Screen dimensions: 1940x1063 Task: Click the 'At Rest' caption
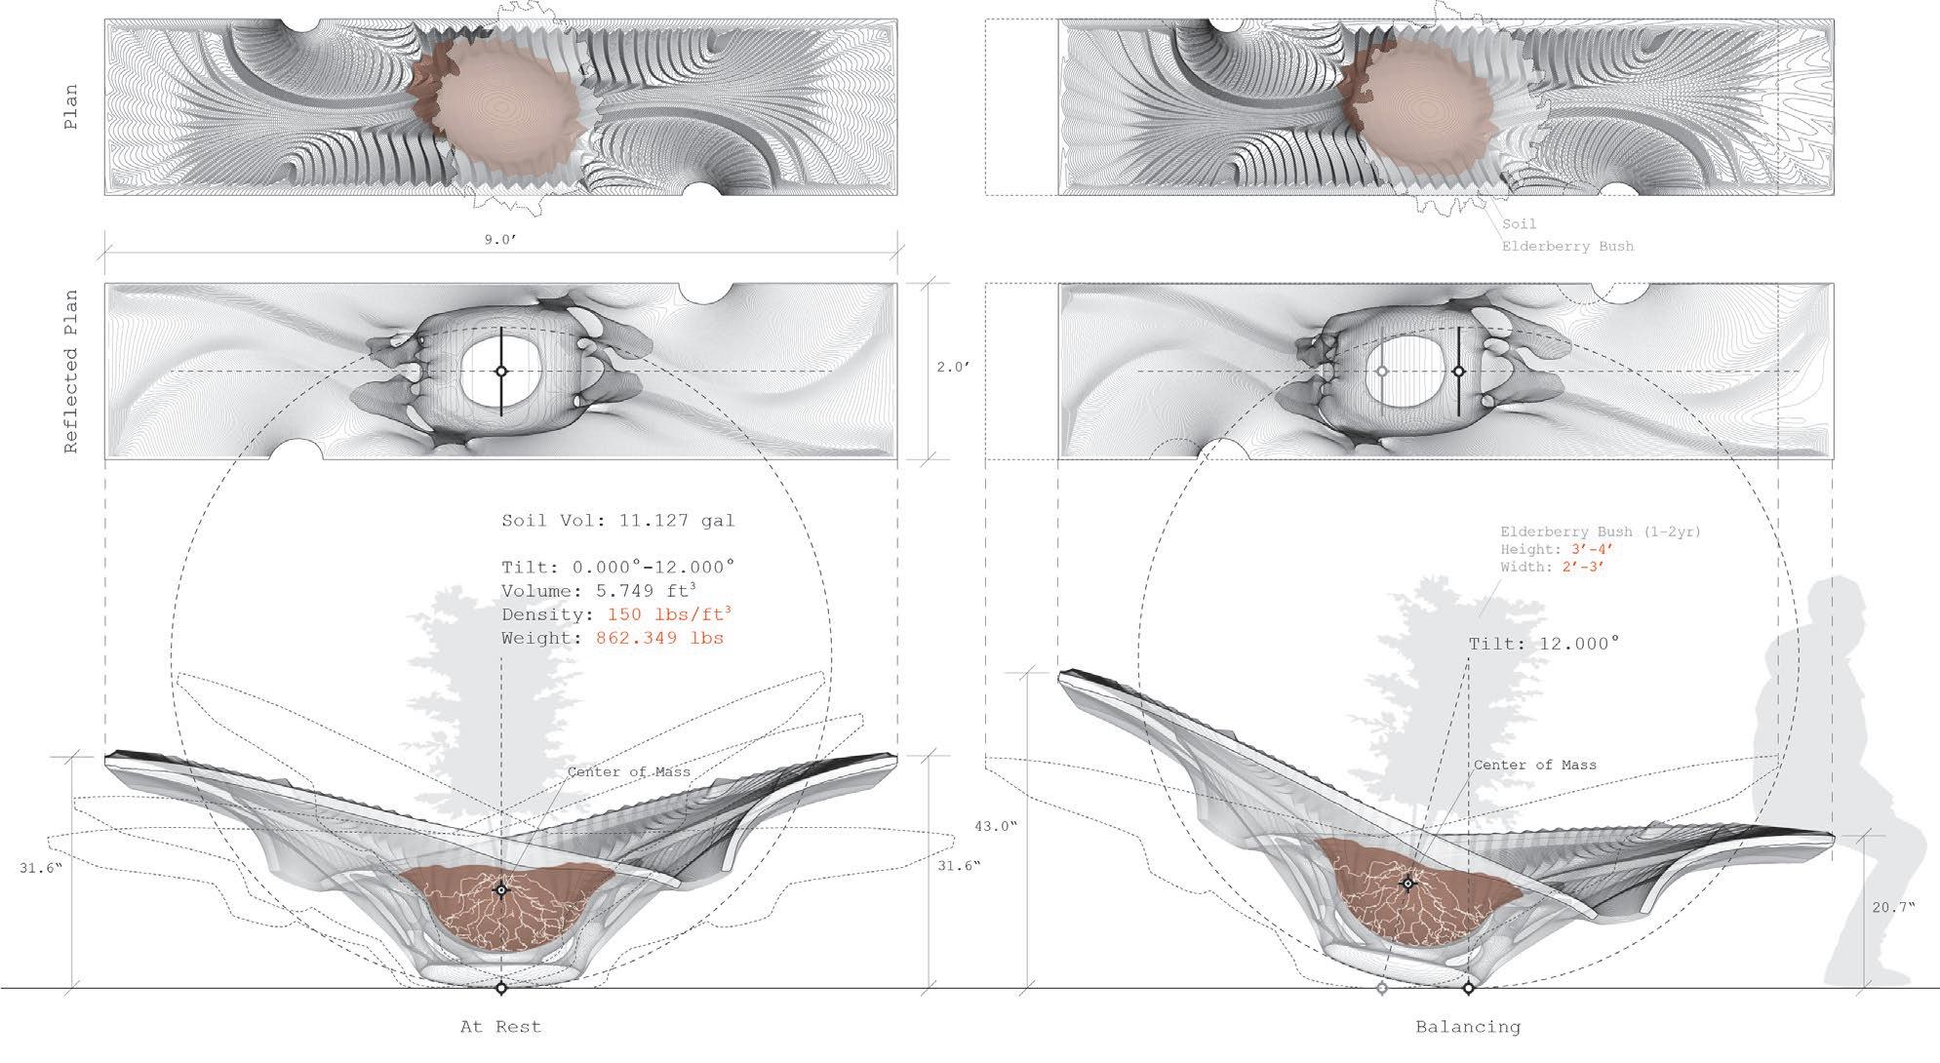[500, 1026]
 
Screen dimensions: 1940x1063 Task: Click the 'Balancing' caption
[1468, 1026]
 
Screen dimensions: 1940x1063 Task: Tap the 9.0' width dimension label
[500, 240]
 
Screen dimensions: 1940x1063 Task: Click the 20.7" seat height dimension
[1893, 907]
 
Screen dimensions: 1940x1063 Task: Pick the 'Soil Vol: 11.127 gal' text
[617, 521]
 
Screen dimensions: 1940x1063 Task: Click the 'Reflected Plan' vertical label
[71, 372]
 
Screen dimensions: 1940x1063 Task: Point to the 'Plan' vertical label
[71, 108]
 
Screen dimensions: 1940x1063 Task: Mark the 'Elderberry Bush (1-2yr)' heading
[1601, 532]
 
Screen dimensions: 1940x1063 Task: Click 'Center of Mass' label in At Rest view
[628, 771]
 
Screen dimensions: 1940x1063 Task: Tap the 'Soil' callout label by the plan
[1520, 224]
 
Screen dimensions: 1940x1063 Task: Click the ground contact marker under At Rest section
[501, 988]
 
